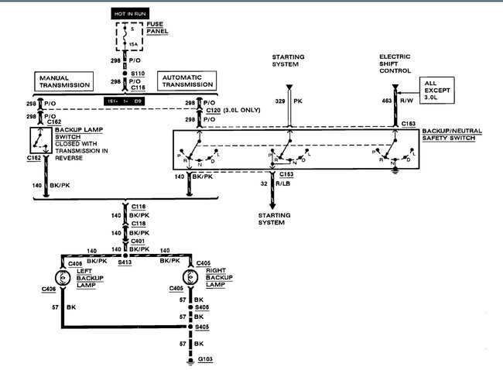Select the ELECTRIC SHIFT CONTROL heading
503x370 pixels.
(396, 63)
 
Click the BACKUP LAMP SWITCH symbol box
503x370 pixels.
(40, 142)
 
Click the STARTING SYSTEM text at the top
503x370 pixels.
(288, 61)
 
